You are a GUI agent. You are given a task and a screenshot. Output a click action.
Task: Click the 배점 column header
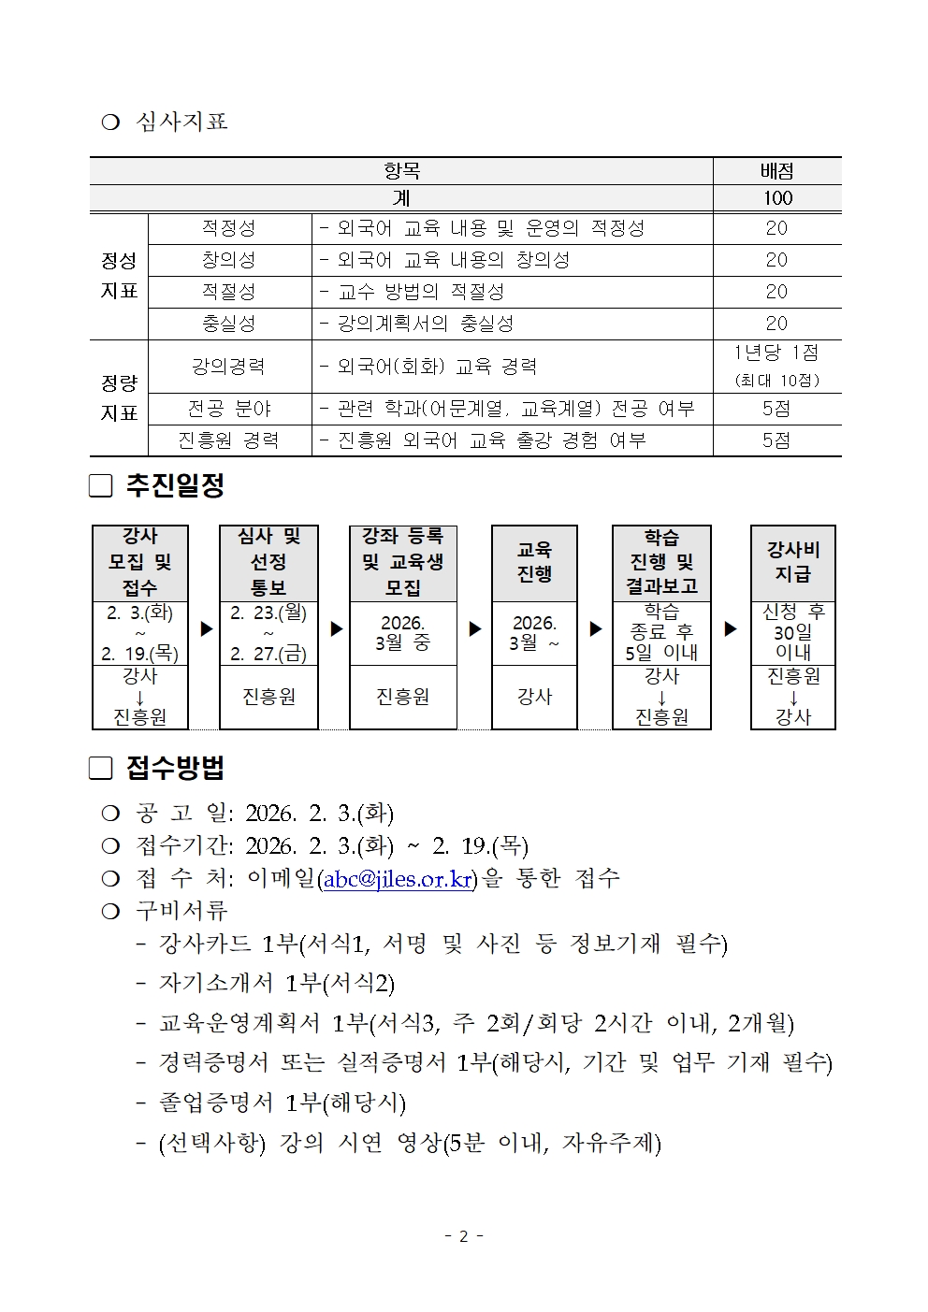click(776, 171)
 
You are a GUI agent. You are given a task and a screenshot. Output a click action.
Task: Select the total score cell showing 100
click(776, 198)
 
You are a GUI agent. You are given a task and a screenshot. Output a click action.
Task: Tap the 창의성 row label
click(229, 260)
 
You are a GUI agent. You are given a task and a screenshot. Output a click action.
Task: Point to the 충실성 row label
click(229, 324)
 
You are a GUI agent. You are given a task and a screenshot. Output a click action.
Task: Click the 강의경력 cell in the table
click(229, 367)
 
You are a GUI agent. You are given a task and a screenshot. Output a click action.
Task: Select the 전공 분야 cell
click(229, 409)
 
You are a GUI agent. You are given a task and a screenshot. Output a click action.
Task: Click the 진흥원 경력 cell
click(229, 440)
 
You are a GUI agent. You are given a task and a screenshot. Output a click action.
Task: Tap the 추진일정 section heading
click(175, 485)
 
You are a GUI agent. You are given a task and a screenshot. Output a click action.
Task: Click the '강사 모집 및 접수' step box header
click(140, 562)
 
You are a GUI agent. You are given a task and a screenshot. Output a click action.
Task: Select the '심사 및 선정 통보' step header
click(268, 562)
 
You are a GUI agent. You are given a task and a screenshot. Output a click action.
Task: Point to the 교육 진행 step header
click(534, 562)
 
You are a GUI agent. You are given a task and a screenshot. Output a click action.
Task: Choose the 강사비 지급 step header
click(792, 562)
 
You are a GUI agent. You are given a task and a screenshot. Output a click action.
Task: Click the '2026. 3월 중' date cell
click(402, 633)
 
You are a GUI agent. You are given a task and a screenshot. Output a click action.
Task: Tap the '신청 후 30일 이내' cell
click(792, 632)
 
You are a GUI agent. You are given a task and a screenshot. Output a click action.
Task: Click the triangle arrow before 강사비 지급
click(731, 629)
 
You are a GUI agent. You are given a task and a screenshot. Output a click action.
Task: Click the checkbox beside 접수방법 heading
click(101, 769)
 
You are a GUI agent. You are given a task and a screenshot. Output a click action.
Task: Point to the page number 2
click(463, 1236)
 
